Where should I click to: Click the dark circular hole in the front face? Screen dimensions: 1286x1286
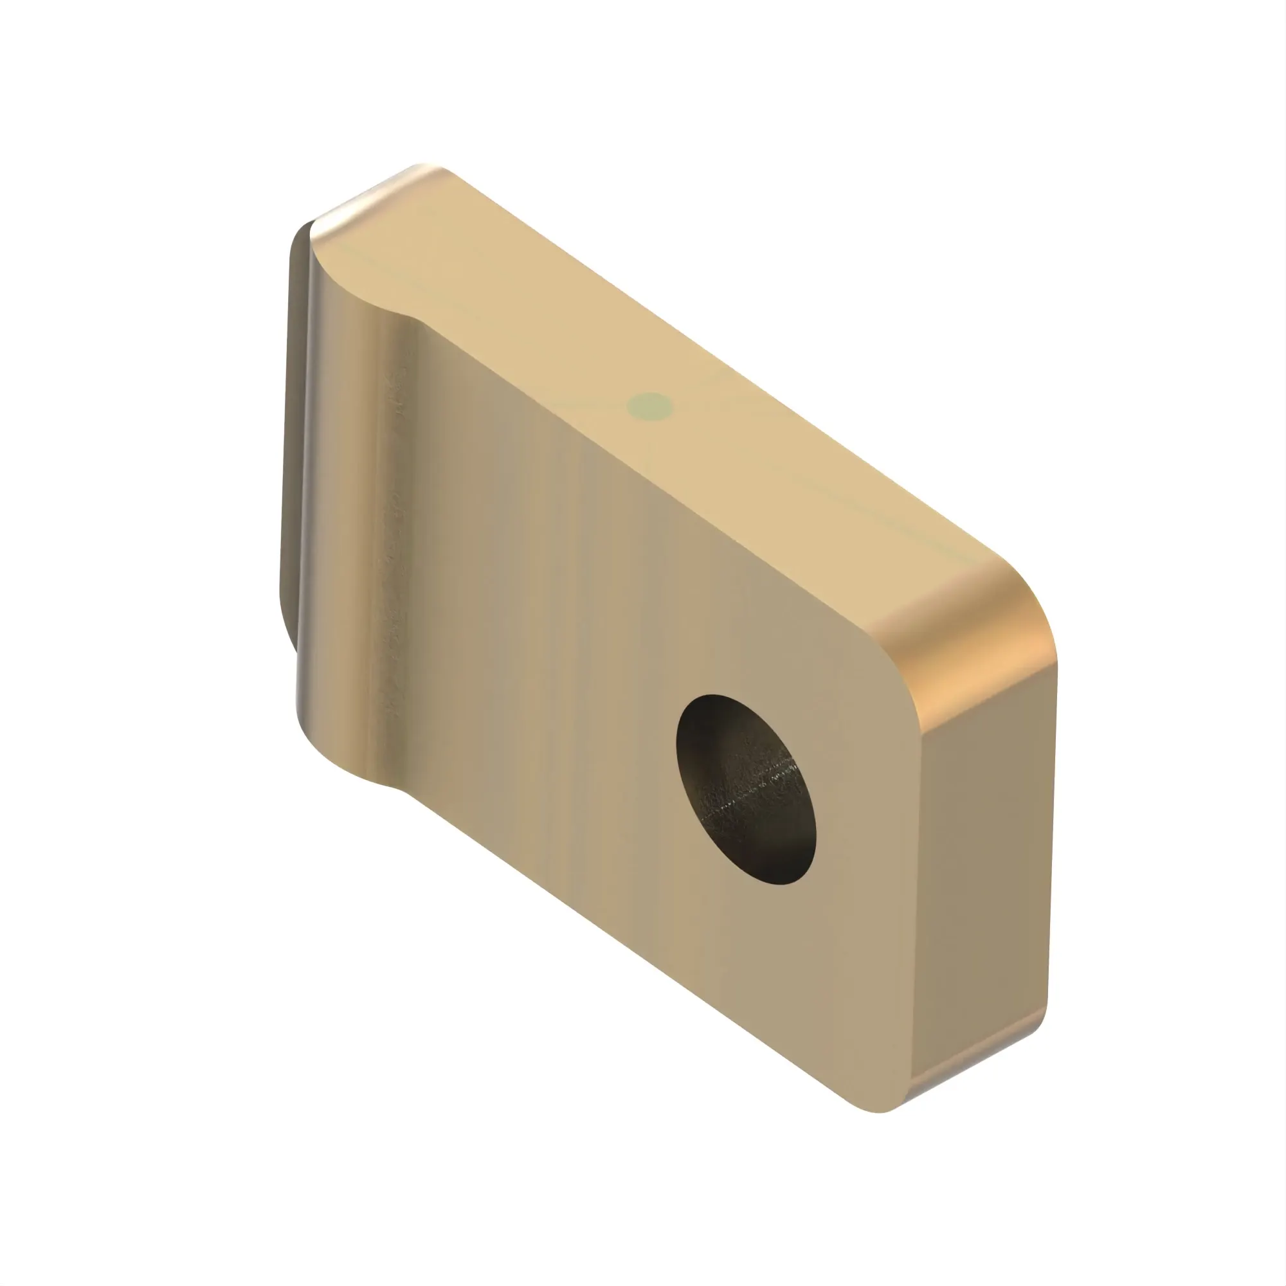[x=745, y=790]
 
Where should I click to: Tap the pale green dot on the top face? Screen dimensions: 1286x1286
[x=650, y=406]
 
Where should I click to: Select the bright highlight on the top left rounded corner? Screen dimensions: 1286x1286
[x=373, y=193]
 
